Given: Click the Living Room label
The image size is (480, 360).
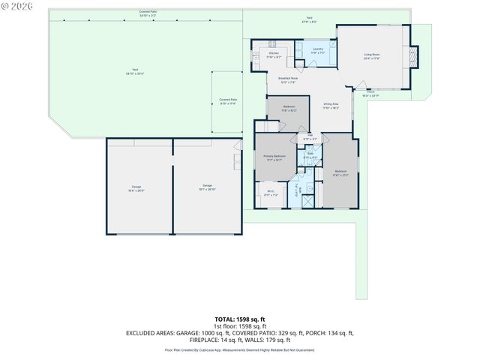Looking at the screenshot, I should pos(373,56).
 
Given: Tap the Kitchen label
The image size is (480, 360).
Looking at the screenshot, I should pos(274,55).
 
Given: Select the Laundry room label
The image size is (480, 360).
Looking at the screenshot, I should pos(318,51).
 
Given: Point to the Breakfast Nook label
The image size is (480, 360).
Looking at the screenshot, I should pos(288,79).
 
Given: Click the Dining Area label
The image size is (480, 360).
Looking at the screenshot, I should pos(331,106).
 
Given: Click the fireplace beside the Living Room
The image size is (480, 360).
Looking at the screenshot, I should pos(415,57).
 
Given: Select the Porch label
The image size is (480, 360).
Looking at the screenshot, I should pos(370,94).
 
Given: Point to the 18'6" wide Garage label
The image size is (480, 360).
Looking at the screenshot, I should pos(136,187).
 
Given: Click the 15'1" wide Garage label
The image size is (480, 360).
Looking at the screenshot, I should pos(207,187).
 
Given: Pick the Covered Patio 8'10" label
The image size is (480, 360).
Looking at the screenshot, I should pos(227,101).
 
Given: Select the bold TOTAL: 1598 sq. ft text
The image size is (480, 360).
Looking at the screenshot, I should pos(240,319).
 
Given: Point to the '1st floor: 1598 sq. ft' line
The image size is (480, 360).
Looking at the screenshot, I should pos(240,325).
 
